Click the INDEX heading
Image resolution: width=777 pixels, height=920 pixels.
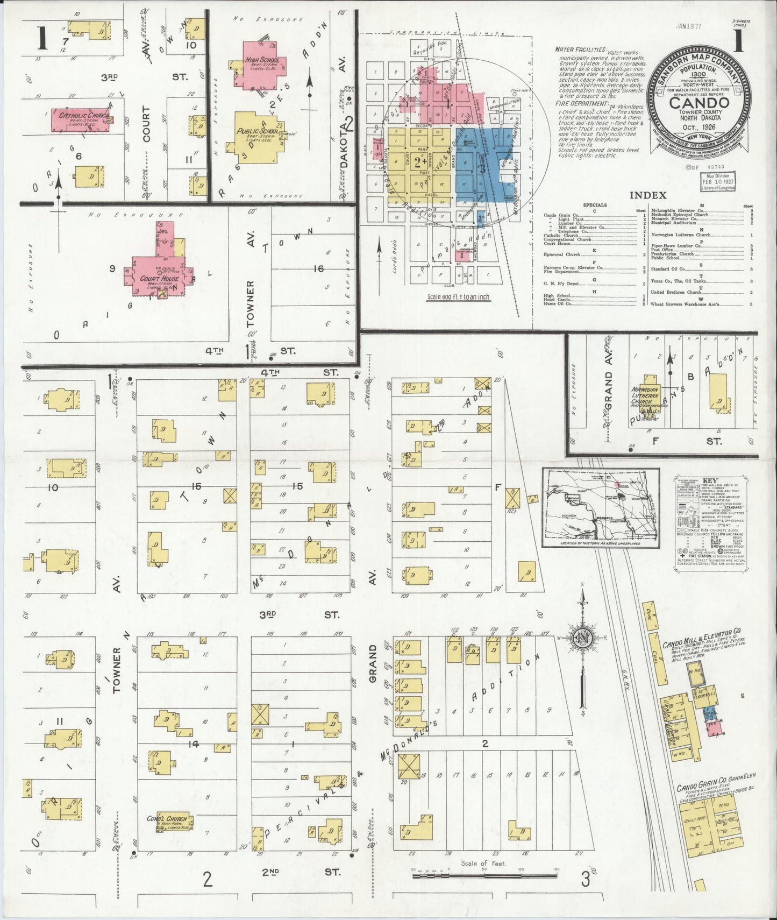pos(647,195)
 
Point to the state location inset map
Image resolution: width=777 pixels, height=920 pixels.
pos(601,507)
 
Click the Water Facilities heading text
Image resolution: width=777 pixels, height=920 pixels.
pos(580,50)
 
